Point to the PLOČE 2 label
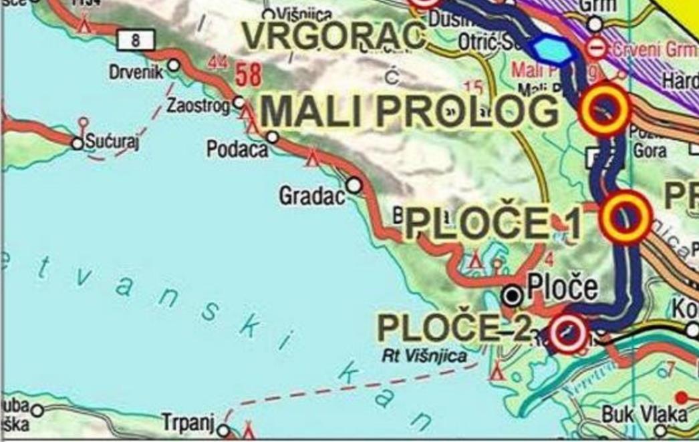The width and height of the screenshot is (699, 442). (x=454, y=327)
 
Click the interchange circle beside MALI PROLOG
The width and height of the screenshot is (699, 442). (x=605, y=109)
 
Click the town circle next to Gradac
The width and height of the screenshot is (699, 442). (x=354, y=184)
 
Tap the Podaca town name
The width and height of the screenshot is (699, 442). (x=237, y=149)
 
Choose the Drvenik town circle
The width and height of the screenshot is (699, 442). (x=174, y=65)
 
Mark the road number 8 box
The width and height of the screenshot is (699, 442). (x=136, y=40)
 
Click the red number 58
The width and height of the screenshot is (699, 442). (x=247, y=75)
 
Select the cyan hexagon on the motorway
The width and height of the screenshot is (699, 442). (x=553, y=49)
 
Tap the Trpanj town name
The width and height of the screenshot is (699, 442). (x=187, y=422)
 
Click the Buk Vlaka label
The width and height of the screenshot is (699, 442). (x=635, y=414)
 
